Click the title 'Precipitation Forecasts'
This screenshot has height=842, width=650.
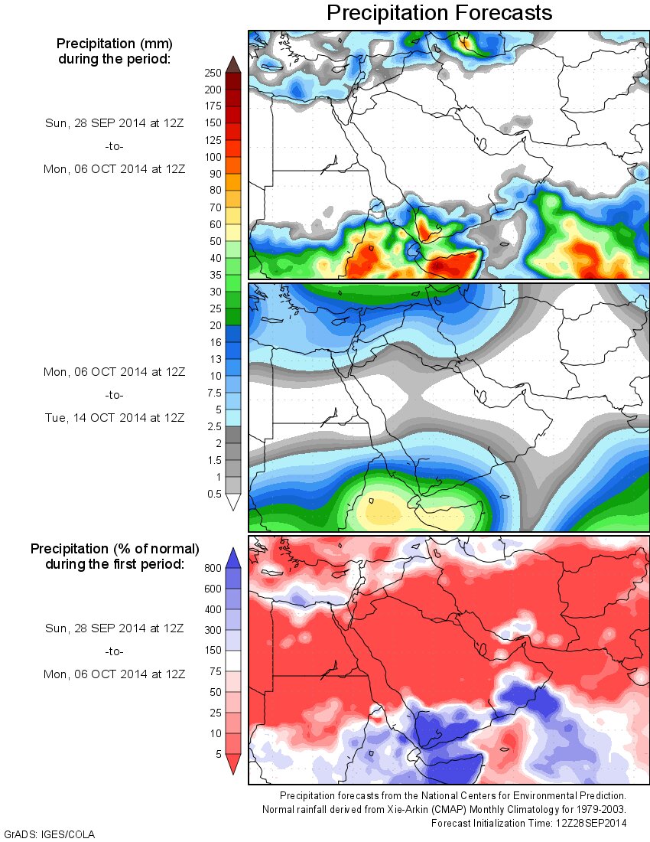[x=439, y=13]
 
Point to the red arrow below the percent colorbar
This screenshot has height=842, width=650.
[x=233, y=764]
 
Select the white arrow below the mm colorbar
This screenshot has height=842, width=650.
[x=233, y=502]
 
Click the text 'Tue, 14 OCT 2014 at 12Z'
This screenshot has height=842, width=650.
[x=114, y=418]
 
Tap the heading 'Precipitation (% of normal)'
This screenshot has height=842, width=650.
[x=115, y=549]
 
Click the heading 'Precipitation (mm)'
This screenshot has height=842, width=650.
[x=114, y=44]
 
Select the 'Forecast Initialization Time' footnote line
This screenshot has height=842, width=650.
[x=528, y=823]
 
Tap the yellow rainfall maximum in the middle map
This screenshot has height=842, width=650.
[x=382, y=511]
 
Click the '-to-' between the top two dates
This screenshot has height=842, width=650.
[x=114, y=146]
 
